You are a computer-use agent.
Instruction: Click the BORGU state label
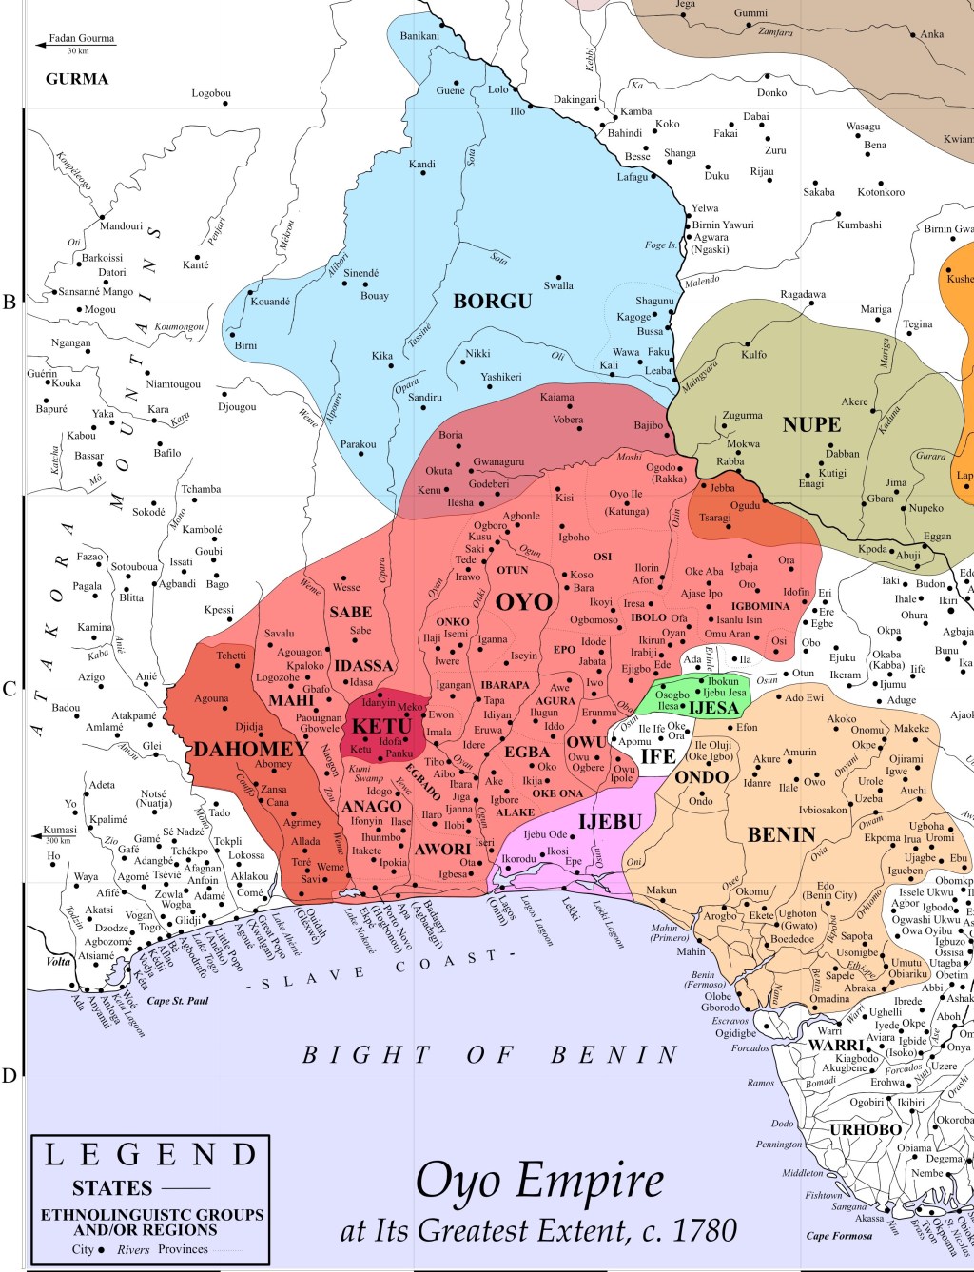click(492, 302)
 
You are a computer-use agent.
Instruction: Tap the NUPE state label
click(811, 425)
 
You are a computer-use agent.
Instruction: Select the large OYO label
click(523, 602)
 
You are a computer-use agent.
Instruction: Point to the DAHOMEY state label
click(251, 749)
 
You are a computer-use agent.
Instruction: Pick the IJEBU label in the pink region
click(610, 821)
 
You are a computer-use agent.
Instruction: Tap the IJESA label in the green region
click(713, 708)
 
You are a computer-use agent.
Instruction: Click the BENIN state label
click(781, 835)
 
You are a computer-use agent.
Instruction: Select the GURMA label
click(77, 79)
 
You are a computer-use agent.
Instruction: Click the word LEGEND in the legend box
click(151, 1155)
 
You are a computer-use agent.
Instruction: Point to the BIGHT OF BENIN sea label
click(490, 1055)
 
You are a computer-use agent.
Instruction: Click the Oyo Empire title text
click(539, 1183)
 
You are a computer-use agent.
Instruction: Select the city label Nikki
click(477, 354)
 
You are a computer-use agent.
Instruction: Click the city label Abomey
click(273, 765)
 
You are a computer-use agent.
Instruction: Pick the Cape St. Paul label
click(177, 1001)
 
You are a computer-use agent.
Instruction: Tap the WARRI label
click(836, 1045)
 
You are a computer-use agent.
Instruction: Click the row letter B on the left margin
click(10, 303)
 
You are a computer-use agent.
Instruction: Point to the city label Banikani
click(419, 36)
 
